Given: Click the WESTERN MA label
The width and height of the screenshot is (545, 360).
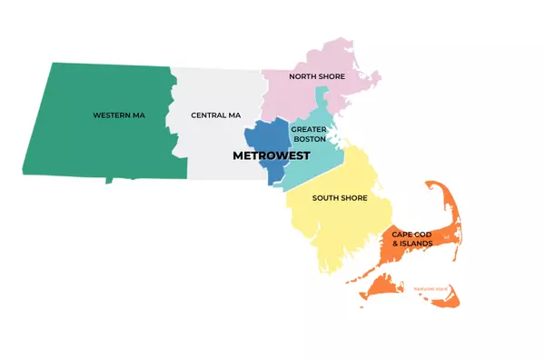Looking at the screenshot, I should point(118,115).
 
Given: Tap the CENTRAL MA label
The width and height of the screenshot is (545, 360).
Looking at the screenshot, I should point(216,115).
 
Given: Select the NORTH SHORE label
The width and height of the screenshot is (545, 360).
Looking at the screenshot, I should point(317,76).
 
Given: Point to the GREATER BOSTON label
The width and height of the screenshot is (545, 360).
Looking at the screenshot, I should point(309,135).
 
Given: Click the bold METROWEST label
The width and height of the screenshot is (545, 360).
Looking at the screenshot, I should point(272,156).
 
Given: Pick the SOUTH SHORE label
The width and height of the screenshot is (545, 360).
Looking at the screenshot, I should point(340,198).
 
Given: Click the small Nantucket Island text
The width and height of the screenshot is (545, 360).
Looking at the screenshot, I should point(431,287).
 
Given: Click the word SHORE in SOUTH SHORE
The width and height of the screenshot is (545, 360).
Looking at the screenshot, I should point(353,198).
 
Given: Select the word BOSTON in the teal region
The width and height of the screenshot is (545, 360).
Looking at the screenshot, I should point(309,139).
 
